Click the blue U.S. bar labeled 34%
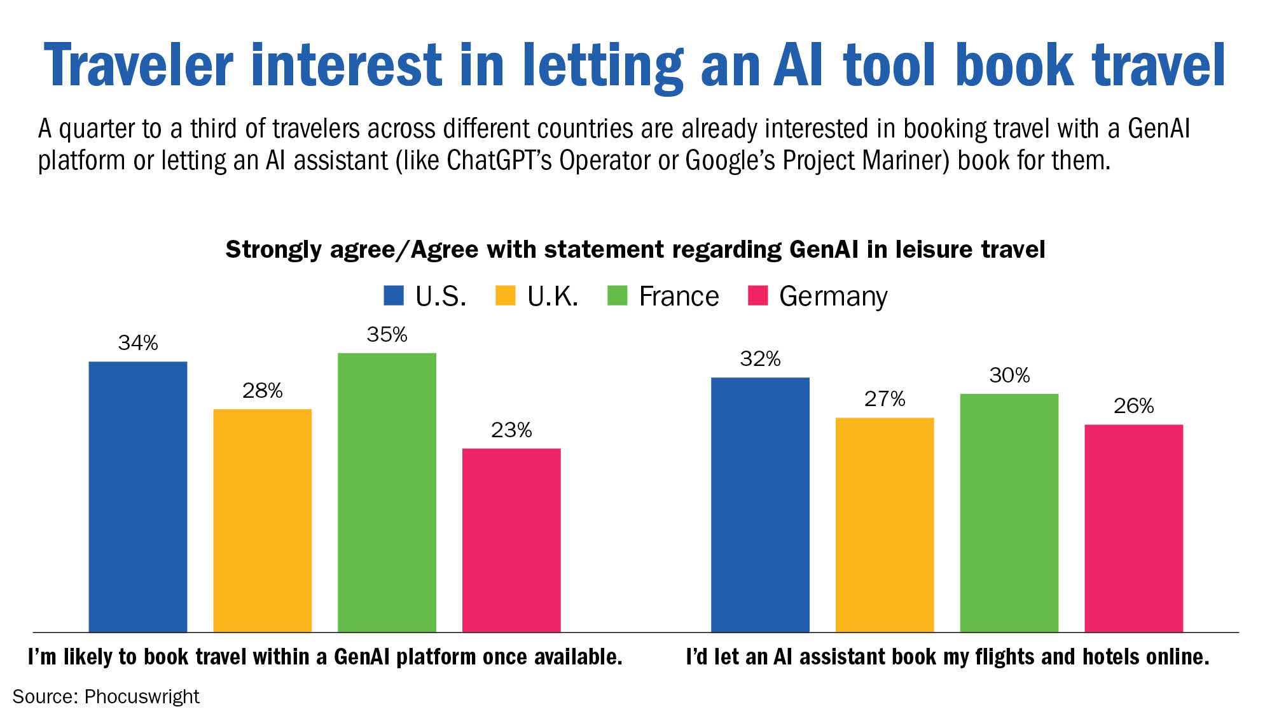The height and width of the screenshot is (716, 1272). pyautogui.click(x=138, y=496)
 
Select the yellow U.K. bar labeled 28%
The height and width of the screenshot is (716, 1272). pyautogui.click(x=262, y=520)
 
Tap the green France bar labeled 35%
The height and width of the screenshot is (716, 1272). pyautogui.click(x=387, y=492)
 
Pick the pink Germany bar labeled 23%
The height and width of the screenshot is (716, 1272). pyautogui.click(x=511, y=540)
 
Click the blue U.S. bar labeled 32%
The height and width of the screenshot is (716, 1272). pyautogui.click(x=760, y=504)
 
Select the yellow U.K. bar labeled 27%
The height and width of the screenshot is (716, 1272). pyautogui.click(x=884, y=524)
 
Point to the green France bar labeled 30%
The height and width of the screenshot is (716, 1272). pyautogui.click(x=1009, y=512)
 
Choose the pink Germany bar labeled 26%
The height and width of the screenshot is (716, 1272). pyautogui.click(x=1133, y=528)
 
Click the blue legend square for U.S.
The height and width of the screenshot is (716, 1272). pyautogui.click(x=394, y=296)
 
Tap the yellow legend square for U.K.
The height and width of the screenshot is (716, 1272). pyautogui.click(x=505, y=296)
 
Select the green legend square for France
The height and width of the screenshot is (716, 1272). pyautogui.click(x=617, y=296)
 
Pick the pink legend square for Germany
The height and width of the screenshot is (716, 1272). pyautogui.click(x=757, y=296)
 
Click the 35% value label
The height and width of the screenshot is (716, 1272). pyautogui.click(x=387, y=335)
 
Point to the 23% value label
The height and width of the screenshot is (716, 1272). pyautogui.click(x=511, y=431)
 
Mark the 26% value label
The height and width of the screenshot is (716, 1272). pyautogui.click(x=1133, y=406)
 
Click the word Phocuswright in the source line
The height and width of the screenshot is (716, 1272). pyautogui.click(x=142, y=696)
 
